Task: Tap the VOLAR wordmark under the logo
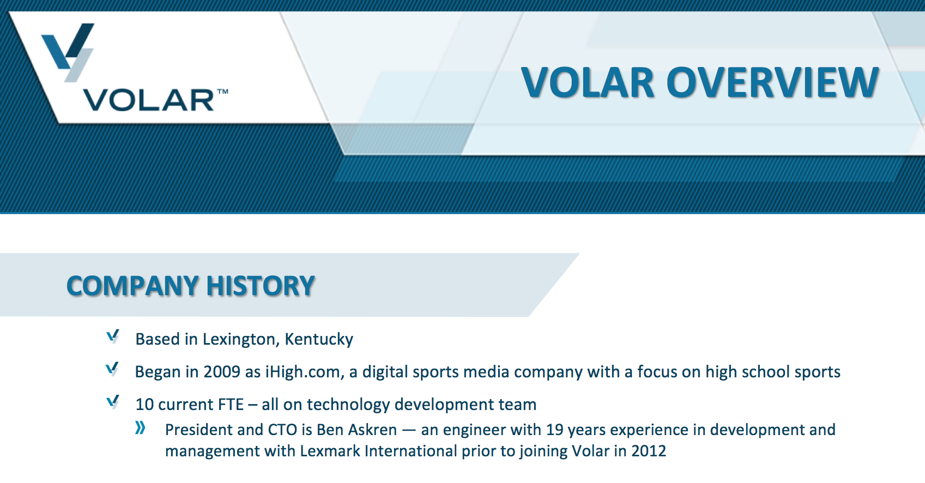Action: (x=149, y=100)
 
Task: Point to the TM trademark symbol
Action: (x=222, y=91)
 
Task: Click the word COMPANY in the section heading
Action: (x=132, y=286)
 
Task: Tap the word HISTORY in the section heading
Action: (x=261, y=286)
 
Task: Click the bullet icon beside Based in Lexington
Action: (x=113, y=337)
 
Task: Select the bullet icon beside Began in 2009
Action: (x=112, y=369)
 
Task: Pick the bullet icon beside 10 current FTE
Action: (x=113, y=402)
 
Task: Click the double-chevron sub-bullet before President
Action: (x=141, y=427)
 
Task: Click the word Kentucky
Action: (x=319, y=340)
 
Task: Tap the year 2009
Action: (x=222, y=372)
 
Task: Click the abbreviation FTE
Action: (x=231, y=405)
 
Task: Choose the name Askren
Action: (x=373, y=430)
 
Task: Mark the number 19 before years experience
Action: (x=554, y=430)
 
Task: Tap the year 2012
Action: (x=649, y=451)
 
